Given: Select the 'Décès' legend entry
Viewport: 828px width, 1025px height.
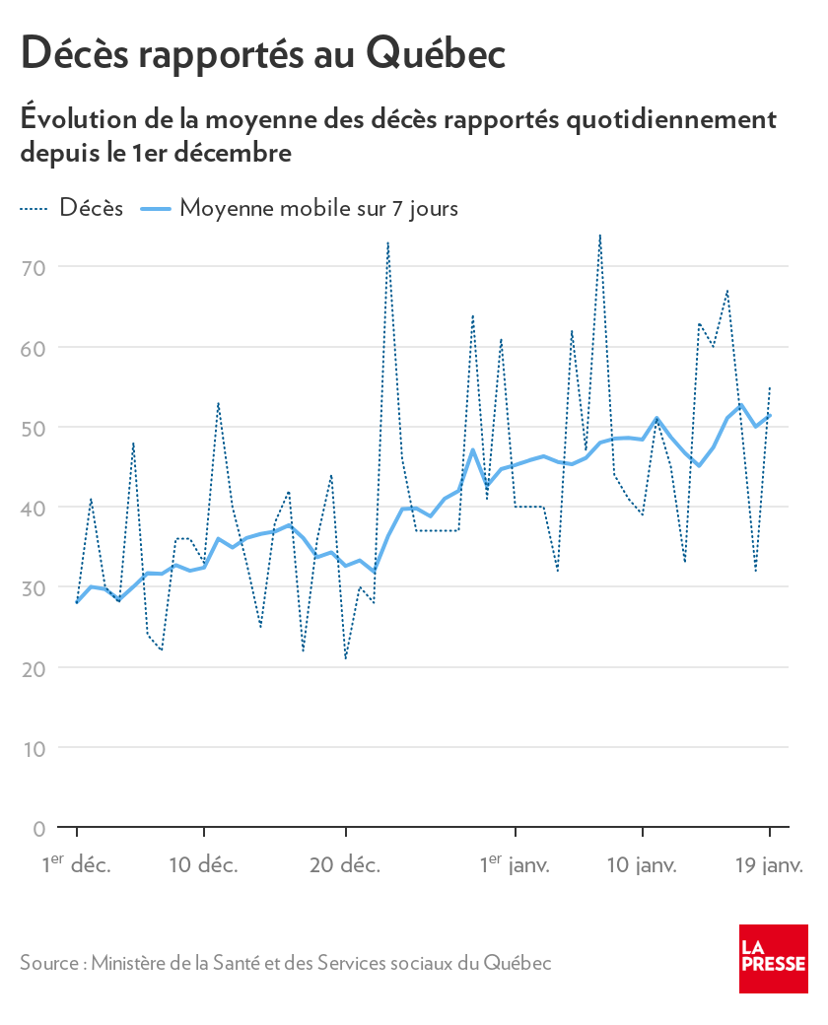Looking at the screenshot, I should pyautogui.click(x=91, y=208).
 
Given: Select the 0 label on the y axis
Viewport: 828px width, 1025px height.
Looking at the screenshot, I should pyautogui.click(x=38, y=829).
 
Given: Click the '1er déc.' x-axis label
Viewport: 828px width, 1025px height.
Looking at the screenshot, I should pyautogui.click(x=76, y=865).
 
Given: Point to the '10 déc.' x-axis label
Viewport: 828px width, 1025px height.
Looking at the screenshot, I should pyautogui.click(x=203, y=865).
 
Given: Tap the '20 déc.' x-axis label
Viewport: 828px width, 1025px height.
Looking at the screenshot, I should pyautogui.click(x=345, y=865).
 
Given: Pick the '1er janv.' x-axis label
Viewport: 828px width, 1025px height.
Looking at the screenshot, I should pyautogui.click(x=515, y=865).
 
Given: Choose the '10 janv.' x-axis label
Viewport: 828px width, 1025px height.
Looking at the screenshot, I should pyautogui.click(x=642, y=865).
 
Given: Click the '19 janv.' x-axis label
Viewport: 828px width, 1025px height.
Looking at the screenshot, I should pyautogui.click(x=770, y=865).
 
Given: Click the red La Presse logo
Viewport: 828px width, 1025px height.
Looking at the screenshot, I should pyautogui.click(x=774, y=959).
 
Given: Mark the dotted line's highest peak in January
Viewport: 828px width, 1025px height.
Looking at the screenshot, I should pyautogui.click(x=599, y=236).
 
